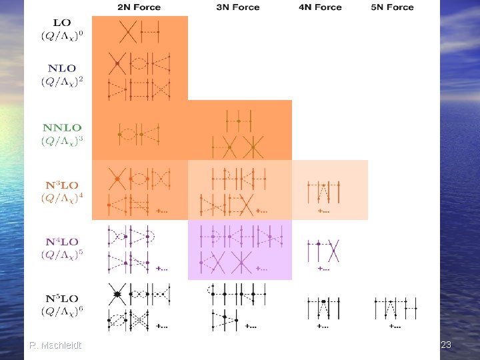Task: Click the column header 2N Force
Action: pos(139,7)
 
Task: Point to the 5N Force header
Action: pos(392,7)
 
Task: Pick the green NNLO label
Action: pos(62,127)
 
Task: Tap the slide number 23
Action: pos(446,345)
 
